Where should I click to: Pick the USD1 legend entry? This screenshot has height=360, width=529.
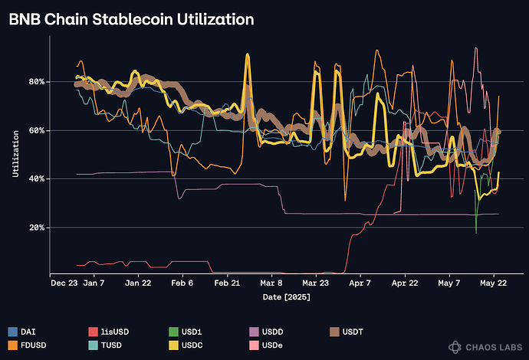pyautogui.click(x=189, y=332)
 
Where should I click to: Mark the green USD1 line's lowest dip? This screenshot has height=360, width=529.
pyautogui.click(x=476, y=232)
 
